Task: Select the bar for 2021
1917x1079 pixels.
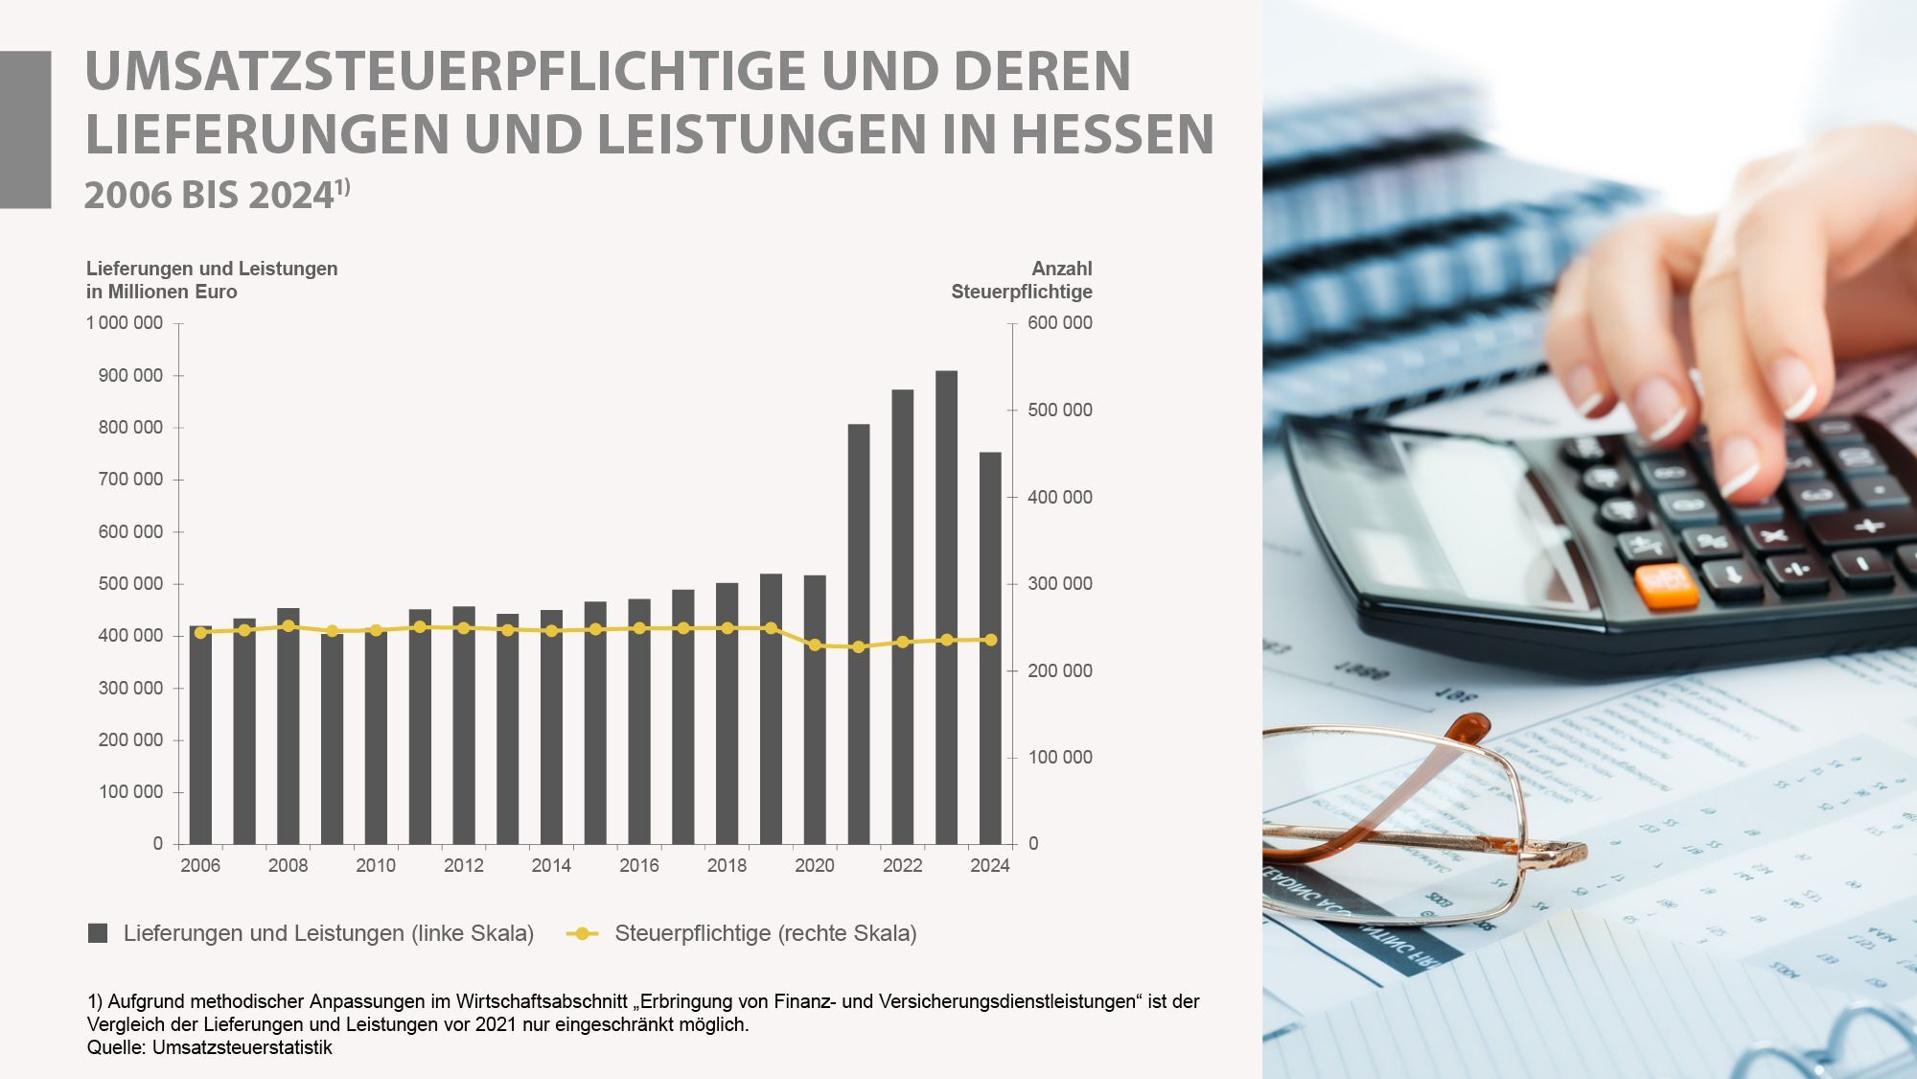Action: point(859,633)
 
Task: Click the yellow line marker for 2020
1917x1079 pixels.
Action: point(815,645)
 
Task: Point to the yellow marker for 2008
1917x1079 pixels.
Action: point(289,626)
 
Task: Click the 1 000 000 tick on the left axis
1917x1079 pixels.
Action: point(125,323)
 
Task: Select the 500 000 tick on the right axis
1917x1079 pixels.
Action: point(1059,410)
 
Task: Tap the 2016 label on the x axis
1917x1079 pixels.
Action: point(639,866)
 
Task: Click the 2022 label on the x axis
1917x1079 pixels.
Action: point(902,866)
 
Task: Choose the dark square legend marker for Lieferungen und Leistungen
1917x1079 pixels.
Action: point(98,933)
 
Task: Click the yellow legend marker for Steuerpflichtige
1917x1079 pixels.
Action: point(582,933)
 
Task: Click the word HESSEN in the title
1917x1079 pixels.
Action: point(1112,133)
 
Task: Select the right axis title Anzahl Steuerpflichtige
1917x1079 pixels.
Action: point(1022,280)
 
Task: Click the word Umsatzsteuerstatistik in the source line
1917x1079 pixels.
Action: point(243,1047)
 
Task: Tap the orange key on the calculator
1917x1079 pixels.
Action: point(1666,587)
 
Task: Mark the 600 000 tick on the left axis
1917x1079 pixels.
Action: point(130,531)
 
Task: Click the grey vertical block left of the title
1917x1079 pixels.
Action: point(25,129)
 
